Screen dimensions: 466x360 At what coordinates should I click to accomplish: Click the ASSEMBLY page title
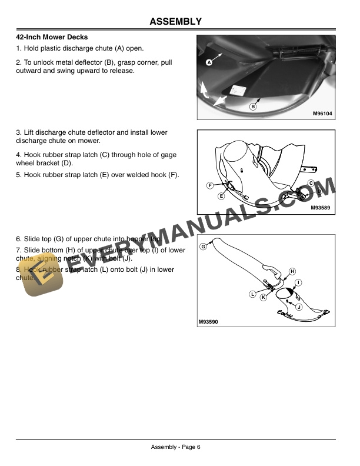pos(176,22)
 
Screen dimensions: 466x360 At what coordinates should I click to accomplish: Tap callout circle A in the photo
pos(209,62)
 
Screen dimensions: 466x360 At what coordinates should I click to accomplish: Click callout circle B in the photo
pos(253,106)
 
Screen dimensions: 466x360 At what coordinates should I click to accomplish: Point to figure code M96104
pos(322,114)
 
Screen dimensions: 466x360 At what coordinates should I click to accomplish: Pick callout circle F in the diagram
pos(209,185)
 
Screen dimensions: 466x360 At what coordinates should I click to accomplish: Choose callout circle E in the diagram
pos(221,195)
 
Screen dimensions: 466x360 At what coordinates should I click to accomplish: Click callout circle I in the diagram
pos(298,283)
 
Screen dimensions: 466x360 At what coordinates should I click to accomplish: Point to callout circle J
pos(299,307)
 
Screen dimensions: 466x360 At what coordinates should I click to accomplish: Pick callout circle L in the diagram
pos(252,294)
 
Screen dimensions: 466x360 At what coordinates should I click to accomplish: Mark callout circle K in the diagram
pos(264,298)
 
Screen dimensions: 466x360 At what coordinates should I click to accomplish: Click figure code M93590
pos(208,321)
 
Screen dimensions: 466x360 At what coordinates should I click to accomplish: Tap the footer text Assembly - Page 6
pos(176,447)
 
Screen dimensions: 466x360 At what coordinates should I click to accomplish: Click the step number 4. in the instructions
pos(19,155)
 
